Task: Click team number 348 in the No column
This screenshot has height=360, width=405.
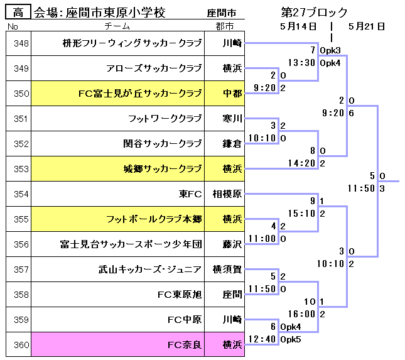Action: (x=21, y=43)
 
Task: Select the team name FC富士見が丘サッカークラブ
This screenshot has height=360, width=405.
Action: (x=140, y=94)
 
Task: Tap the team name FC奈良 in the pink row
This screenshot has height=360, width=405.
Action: (x=185, y=344)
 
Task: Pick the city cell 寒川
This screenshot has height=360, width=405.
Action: (x=232, y=119)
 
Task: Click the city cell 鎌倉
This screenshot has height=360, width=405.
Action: (x=232, y=144)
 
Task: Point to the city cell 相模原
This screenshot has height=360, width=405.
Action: (x=227, y=194)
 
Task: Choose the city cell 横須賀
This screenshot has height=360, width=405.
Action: (x=227, y=270)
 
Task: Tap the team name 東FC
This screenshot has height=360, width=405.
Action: (x=190, y=194)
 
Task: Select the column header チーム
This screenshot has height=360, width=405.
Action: (x=117, y=26)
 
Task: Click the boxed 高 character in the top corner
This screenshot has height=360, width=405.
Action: (x=18, y=12)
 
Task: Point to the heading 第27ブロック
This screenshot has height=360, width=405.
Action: (x=315, y=13)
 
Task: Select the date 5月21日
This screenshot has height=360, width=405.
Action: (x=366, y=26)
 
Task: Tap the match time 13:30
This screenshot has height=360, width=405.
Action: (x=301, y=63)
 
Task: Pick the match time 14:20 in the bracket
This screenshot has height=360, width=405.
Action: (x=301, y=163)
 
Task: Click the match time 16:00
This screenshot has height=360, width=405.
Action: (x=301, y=314)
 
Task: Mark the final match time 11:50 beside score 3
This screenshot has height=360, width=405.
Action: (x=361, y=188)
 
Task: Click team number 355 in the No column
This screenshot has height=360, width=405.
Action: (x=21, y=219)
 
